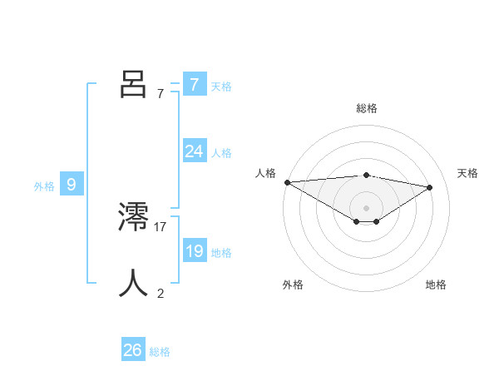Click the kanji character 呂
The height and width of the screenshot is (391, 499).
coord(133,83)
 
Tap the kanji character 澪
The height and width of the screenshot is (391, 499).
coord(133,217)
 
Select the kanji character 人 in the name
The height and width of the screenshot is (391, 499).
coord(133,283)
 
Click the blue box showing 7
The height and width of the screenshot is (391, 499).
coord(194,84)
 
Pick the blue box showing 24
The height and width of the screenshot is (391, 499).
coord(194,151)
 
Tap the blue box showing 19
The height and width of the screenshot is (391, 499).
coord(194,251)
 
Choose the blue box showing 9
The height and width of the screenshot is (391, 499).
coord(72,185)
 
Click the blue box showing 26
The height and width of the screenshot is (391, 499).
coord(133,350)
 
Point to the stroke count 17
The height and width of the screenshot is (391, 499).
coord(161,226)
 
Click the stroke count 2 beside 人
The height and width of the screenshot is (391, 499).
coord(161,293)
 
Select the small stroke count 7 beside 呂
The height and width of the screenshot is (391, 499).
coord(161,93)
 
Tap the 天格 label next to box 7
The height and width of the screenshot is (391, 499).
coord(221,86)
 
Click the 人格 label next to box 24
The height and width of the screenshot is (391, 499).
coord(221,153)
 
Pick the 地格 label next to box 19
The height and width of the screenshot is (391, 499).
coord(221,253)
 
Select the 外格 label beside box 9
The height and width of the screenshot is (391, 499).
coord(44,186)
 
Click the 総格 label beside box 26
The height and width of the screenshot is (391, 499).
coord(160,352)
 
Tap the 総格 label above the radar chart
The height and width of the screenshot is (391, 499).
coord(366,108)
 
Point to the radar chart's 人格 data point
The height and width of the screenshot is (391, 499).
coord(287,182)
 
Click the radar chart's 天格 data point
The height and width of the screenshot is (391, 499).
coord(430,186)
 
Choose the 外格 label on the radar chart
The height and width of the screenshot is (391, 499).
coord(293,285)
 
